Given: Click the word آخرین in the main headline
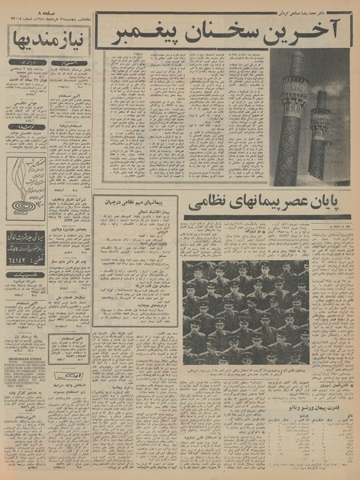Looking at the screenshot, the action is (x=313, y=30).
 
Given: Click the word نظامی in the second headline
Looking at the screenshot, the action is (x=219, y=206).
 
